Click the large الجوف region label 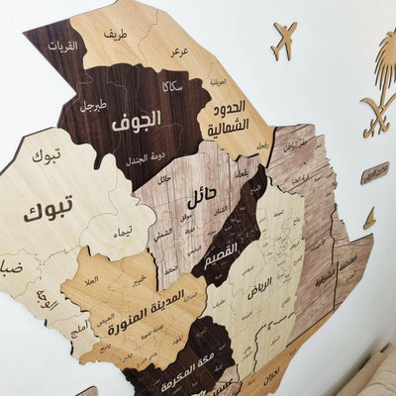(x=136, y=123)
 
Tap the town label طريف (x=115, y=35)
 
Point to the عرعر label (x=179, y=49)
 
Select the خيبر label (x=140, y=280)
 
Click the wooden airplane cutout (x=283, y=41)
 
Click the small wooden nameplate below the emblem (x=374, y=173)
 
